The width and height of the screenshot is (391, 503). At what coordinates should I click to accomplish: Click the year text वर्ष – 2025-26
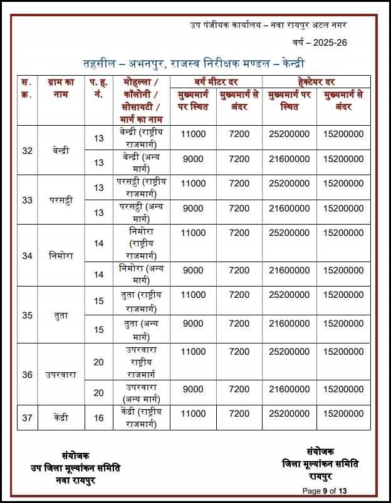(x=319, y=43)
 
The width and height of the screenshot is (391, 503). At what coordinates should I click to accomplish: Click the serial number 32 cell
(x=27, y=151)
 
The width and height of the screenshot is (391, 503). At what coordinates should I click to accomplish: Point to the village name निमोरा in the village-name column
(x=61, y=256)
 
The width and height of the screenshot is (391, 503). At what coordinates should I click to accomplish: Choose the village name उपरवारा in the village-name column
(x=61, y=375)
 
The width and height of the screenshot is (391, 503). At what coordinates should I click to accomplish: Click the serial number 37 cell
(x=27, y=417)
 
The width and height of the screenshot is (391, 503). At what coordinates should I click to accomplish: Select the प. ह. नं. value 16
(x=98, y=417)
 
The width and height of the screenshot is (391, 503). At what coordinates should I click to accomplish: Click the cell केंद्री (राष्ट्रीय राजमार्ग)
(x=141, y=417)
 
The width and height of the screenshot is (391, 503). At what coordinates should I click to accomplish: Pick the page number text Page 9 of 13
(x=325, y=490)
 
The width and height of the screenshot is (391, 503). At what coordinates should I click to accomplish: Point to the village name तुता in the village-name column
(x=61, y=315)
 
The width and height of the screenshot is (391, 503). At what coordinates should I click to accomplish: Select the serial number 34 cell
(x=27, y=256)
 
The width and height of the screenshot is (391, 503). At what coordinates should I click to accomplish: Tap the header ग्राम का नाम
(x=61, y=88)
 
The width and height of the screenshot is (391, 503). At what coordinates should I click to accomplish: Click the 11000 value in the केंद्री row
(x=193, y=414)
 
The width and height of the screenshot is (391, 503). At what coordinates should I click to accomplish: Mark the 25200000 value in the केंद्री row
(x=288, y=414)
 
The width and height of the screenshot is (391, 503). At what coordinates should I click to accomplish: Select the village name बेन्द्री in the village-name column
(x=61, y=151)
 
